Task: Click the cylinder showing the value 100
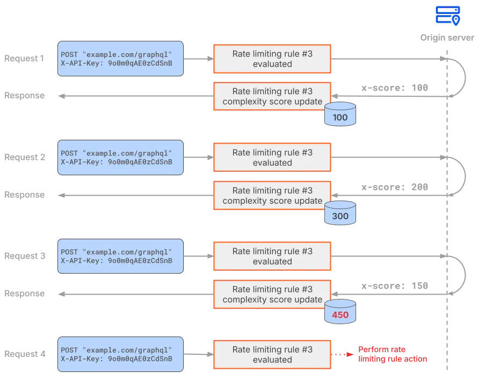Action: [x=340, y=115]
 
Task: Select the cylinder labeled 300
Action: [x=340, y=214]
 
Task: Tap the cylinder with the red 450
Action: [x=340, y=313]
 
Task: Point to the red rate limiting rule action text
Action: [x=393, y=354]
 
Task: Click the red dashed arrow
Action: [x=342, y=355]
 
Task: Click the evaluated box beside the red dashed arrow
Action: [x=272, y=355]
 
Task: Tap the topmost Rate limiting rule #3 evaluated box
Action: [x=272, y=59]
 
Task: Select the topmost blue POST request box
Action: [x=120, y=58]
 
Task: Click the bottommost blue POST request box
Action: [x=120, y=354]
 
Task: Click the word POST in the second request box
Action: [x=69, y=152]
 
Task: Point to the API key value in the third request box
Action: [x=140, y=261]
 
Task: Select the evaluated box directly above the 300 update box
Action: [x=272, y=158]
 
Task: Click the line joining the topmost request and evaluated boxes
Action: [x=198, y=58]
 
